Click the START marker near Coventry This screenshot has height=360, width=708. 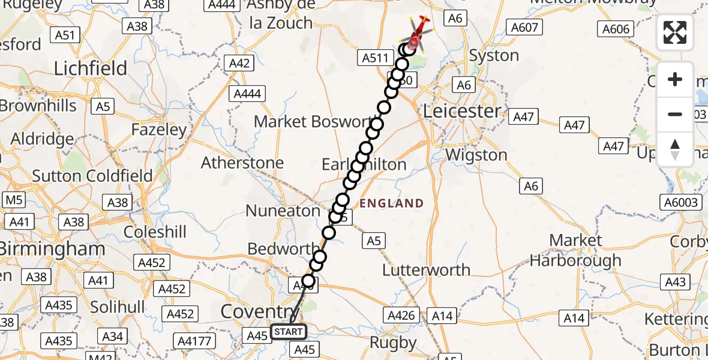(x=289, y=332)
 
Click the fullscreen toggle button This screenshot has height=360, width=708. (x=675, y=32)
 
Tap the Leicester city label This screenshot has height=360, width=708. (x=462, y=111)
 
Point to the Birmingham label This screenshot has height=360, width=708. (x=53, y=248)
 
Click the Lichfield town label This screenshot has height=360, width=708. (x=91, y=68)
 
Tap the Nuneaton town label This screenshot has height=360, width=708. (x=283, y=211)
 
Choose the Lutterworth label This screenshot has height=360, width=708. (x=427, y=270)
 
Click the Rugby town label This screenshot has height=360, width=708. (x=394, y=343)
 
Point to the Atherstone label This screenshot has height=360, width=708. (x=242, y=163)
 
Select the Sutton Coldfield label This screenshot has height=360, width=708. (x=92, y=176)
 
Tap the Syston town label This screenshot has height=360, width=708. (x=494, y=56)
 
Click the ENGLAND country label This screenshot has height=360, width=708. (x=392, y=203)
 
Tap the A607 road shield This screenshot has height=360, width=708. (x=524, y=27)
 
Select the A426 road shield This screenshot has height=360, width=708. (x=401, y=315)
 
